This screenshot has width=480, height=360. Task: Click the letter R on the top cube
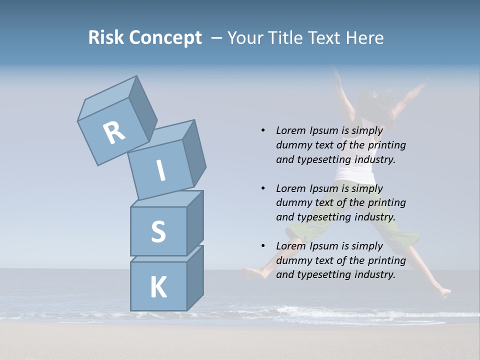pos(114,132)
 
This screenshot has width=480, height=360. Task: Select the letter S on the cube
pos(158,232)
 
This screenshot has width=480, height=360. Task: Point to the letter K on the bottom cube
pos(158,287)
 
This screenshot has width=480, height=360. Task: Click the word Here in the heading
pos(366,37)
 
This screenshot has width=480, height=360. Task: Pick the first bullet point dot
pos(263,130)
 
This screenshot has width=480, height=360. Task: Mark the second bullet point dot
pos(263,188)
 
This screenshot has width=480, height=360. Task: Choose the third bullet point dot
pos(263,246)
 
